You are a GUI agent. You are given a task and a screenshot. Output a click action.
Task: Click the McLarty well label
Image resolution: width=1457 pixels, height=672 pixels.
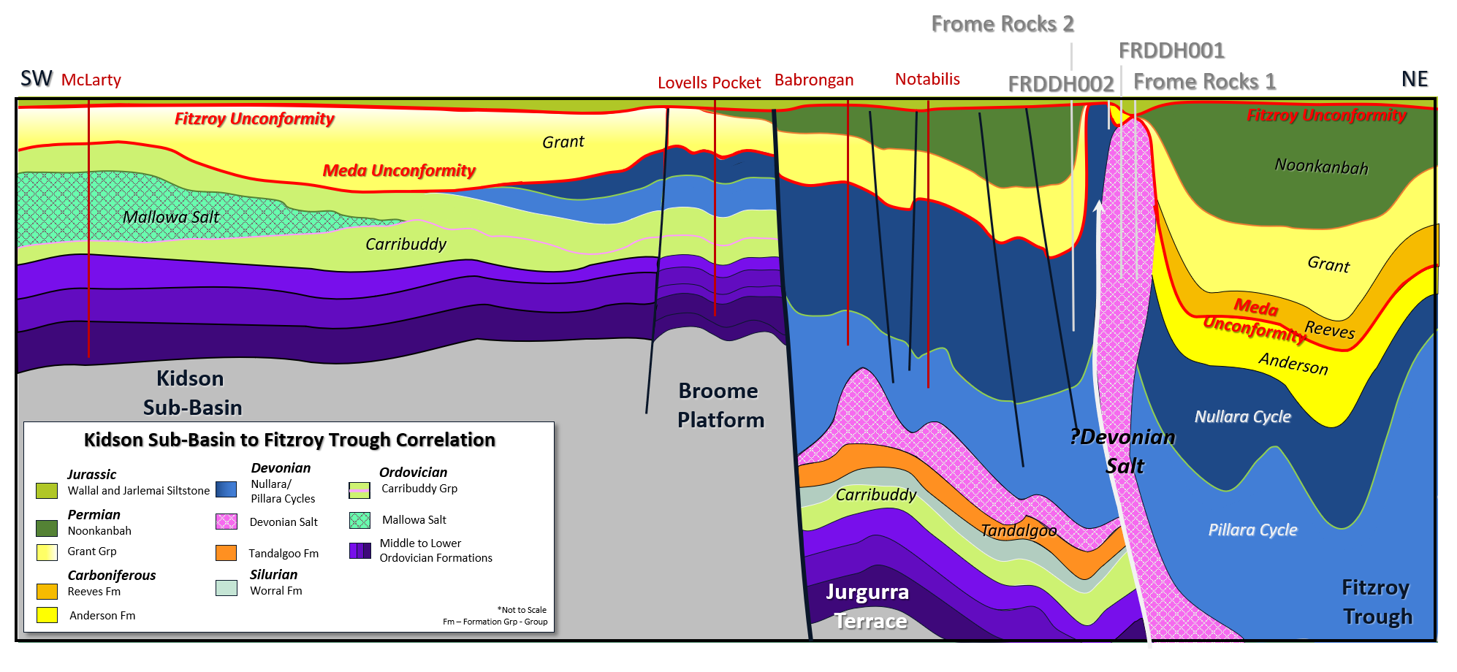(91, 80)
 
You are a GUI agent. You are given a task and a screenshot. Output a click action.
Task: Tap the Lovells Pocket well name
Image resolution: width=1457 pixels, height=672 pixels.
(709, 83)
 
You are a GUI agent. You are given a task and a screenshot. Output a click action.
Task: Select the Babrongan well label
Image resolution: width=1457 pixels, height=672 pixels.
(813, 80)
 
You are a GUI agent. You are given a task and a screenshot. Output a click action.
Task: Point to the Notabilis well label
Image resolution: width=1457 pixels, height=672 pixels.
(927, 79)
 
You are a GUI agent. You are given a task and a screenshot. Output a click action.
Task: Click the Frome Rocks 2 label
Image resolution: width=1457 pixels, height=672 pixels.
(1002, 23)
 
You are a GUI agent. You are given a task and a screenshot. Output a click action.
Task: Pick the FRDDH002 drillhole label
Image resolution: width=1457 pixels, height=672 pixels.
(1060, 84)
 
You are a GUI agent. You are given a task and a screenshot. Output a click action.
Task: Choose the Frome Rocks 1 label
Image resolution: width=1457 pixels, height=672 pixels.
(1204, 81)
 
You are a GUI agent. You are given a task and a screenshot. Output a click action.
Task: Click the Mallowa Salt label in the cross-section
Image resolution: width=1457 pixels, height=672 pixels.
(171, 217)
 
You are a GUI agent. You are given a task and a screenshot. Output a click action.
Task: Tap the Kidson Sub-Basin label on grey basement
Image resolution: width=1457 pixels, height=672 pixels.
(191, 393)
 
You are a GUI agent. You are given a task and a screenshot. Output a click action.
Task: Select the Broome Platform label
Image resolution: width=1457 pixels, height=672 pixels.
(720, 405)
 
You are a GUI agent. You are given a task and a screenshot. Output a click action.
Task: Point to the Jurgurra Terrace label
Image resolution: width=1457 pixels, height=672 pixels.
(869, 606)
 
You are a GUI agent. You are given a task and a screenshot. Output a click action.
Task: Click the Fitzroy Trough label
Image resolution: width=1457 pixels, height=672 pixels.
(1377, 602)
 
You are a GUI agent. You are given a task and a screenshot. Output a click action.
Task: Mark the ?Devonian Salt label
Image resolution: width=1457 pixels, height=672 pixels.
(1123, 451)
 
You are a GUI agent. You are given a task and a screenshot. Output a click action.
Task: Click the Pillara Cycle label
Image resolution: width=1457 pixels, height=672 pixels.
(1252, 530)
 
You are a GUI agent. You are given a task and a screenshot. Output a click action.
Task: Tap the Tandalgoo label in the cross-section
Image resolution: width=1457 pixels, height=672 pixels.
(1019, 530)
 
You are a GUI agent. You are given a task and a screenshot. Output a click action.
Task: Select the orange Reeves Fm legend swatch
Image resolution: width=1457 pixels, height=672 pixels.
(47, 591)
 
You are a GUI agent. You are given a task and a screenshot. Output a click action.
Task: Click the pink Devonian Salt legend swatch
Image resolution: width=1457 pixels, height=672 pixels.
(227, 522)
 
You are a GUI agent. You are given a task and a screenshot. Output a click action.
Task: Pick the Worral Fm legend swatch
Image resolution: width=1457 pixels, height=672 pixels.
(227, 588)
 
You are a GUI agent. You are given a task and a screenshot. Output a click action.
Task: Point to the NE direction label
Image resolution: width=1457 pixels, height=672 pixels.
(1415, 79)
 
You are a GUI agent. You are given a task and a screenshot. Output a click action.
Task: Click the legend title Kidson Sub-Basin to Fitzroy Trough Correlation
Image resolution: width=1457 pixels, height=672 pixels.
(289, 440)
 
